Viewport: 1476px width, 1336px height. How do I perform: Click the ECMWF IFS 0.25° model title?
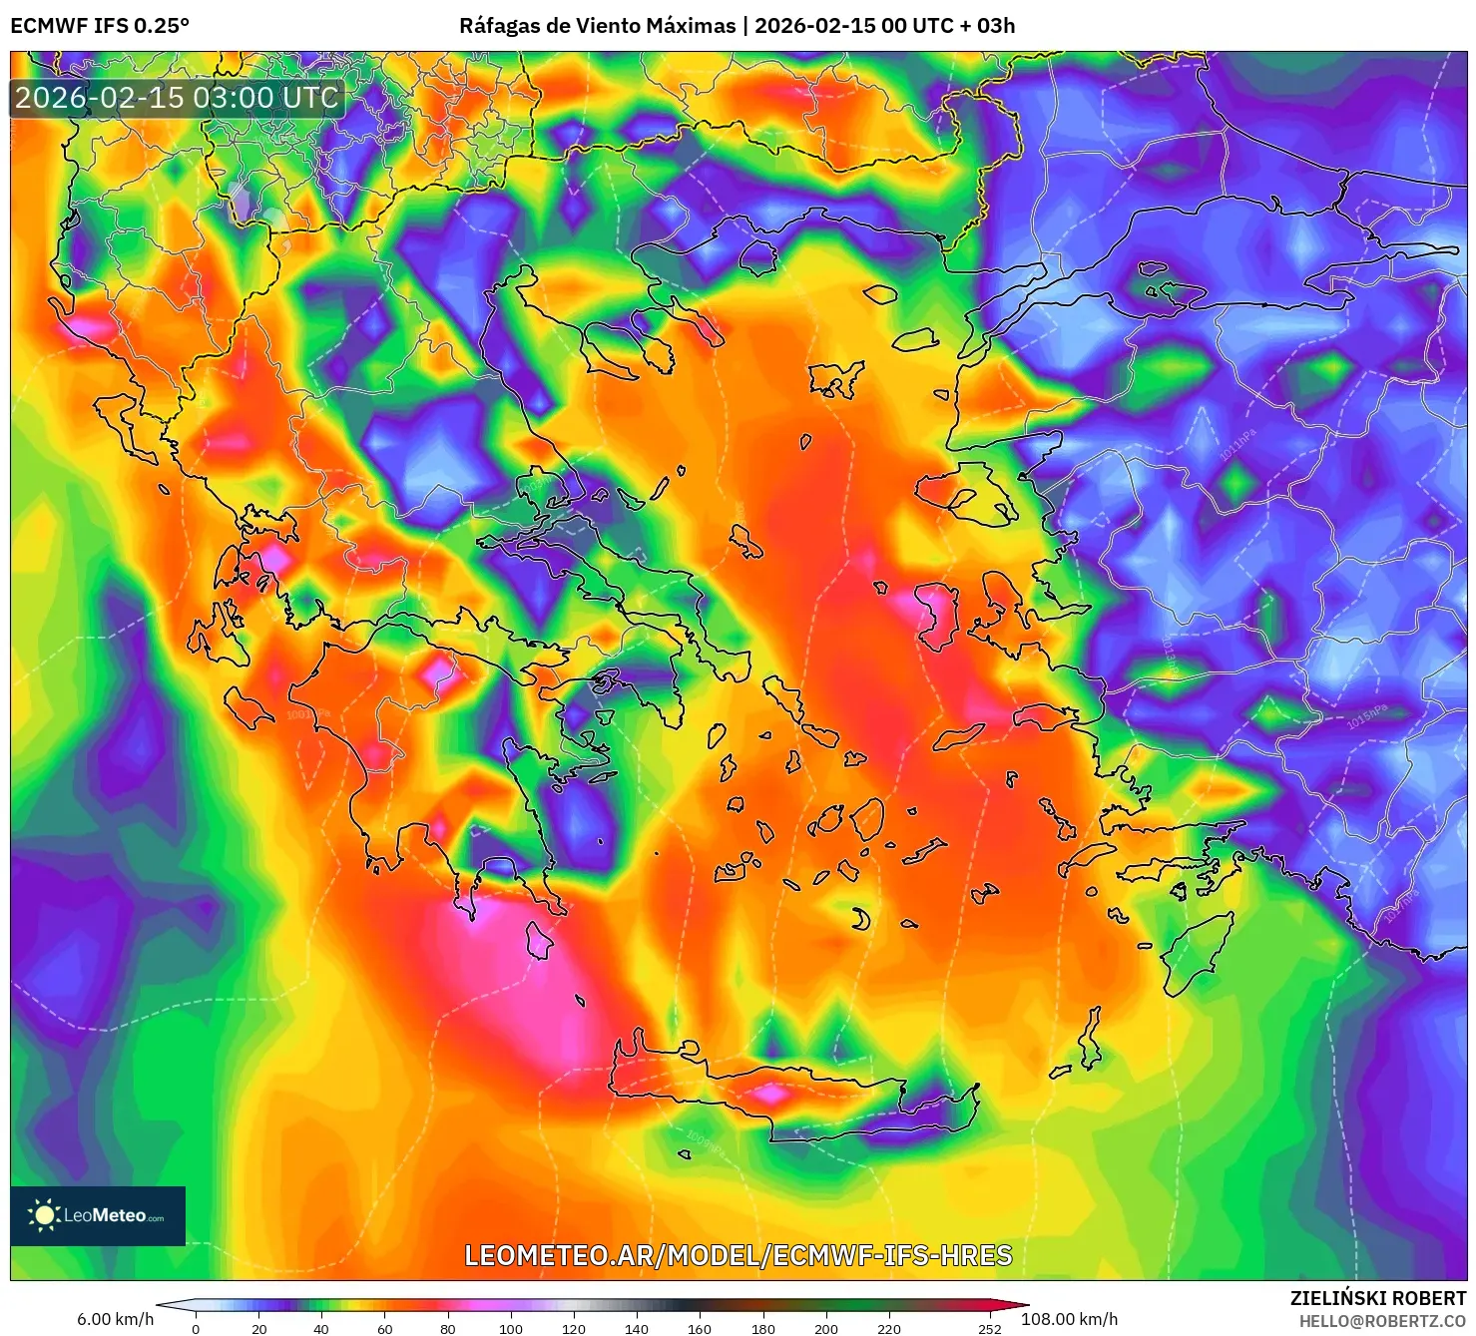(x=100, y=26)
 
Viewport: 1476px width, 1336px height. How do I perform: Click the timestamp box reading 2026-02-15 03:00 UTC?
(x=178, y=98)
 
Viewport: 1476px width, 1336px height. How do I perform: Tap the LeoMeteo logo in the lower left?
(x=98, y=1215)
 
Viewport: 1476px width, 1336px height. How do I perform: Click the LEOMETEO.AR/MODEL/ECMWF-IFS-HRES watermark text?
(x=738, y=1255)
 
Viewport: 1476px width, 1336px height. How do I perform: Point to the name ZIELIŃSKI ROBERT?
(x=1378, y=1298)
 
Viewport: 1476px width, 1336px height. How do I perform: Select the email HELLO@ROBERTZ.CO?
(x=1382, y=1321)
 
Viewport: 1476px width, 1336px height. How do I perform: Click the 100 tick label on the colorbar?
(x=510, y=1329)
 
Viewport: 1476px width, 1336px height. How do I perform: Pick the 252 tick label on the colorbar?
(x=989, y=1329)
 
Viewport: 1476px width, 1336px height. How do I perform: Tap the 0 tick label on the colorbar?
(x=196, y=1329)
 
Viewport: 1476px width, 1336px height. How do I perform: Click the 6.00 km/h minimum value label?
(x=116, y=1319)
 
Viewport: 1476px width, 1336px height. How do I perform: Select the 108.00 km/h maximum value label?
(x=1069, y=1319)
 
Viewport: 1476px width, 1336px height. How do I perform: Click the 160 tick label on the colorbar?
(x=700, y=1329)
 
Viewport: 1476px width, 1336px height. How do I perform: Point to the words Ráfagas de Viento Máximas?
(x=597, y=26)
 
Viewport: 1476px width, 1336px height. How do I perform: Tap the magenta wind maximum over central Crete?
(x=770, y=1094)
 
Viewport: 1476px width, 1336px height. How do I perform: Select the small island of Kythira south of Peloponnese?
(x=539, y=940)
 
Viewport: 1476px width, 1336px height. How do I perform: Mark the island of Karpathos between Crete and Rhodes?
(x=1091, y=1038)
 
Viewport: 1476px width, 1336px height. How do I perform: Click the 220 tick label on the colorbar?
(x=888, y=1329)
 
